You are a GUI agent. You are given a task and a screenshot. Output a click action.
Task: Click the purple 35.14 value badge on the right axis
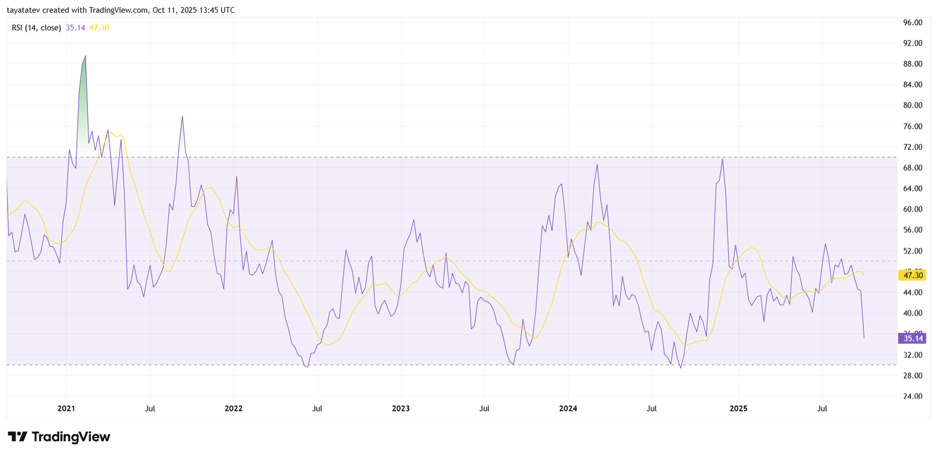(912, 338)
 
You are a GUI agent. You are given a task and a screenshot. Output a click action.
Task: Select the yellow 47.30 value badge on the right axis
(912, 275)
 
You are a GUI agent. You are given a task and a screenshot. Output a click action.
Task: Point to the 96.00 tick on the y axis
(913, 22)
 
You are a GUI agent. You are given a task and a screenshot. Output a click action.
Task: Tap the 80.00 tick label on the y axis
(913, 106)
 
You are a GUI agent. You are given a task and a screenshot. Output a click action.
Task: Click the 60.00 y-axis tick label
(913, 209)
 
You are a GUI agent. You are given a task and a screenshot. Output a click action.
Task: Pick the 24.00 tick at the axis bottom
(913, 396)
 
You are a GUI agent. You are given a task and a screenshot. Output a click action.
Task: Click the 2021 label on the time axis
(66, 409)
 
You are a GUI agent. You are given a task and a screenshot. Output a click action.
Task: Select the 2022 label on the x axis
(233, 409)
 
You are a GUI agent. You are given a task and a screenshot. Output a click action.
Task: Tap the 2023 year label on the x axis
(401, 409)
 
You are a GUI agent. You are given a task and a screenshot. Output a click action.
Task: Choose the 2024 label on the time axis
(568, 409)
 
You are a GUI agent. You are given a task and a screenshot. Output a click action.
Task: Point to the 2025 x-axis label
(738, 409)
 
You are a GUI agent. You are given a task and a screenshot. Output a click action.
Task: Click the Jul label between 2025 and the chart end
(822, 409)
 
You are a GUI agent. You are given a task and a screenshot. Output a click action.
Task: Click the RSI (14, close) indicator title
(36, 28)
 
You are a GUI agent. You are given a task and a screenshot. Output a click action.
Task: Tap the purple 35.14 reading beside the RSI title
(75, 28)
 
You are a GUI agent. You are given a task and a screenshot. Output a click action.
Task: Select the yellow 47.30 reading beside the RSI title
(99, 28)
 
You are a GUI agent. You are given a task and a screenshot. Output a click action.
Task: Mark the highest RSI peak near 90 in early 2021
(86, 56)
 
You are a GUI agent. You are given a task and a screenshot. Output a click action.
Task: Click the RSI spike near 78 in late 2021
(182, 117)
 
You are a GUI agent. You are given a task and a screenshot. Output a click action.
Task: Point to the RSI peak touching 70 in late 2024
(722, 159)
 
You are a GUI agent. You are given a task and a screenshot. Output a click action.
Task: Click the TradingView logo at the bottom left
(59, 437)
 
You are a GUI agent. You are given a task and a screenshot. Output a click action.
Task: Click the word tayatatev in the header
(23, 10)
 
